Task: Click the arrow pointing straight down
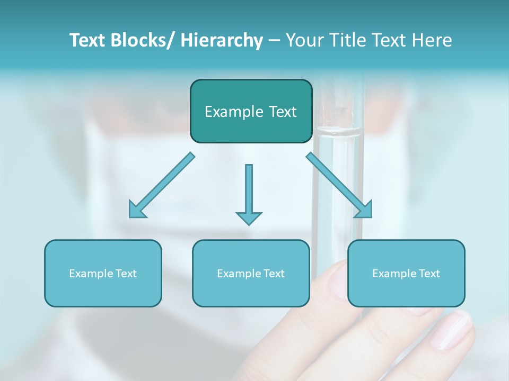(x=249, y=193)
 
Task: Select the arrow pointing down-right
(x=339, y=185)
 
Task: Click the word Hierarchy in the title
(x=222, y=40)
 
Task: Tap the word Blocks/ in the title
(x=140, y=40)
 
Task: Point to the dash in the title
(x=274, y=41)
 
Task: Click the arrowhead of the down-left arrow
(x=137, y=210)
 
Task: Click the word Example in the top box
(x=231, y=112)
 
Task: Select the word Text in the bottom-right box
(x=429, y=274)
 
